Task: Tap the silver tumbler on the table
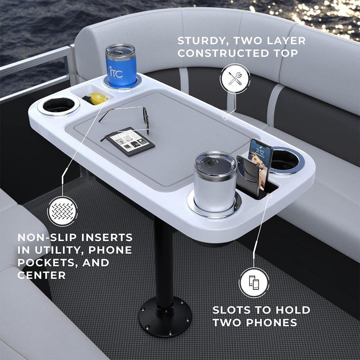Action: pyautogui.click(x=215, y=181)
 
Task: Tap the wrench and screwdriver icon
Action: pyautogui.click(x=235, y=78)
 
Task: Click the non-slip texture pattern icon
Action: pyautogui.click(x=62, y=211)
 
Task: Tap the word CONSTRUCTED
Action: pyautogui.click(x=223, y=53)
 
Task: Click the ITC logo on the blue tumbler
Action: pyautogui.click(x=116, y=73)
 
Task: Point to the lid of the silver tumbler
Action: pyautogui.click(x=215, y=163)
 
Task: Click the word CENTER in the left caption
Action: pyautogui.click(x=41, y=275)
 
